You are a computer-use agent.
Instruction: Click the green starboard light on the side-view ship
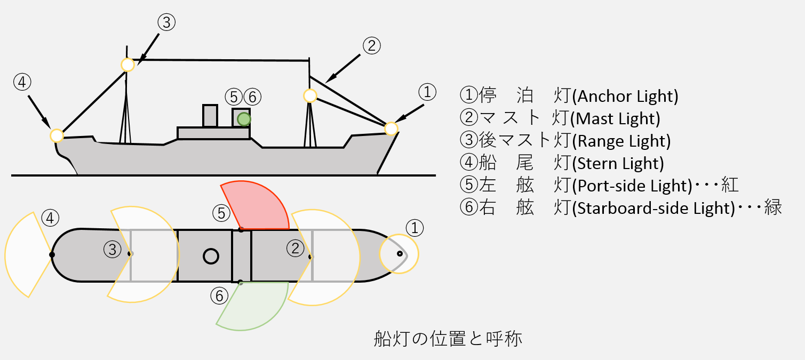click(x=244, y=118)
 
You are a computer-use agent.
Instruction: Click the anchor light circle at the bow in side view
click(x=391, y=129)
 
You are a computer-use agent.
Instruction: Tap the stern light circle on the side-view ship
click(x=57, y=135)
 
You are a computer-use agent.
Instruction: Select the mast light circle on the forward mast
click(x=310, y=96)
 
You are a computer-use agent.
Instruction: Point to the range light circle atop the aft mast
click(x=127, y=65)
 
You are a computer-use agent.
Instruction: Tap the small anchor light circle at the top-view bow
click(x=399, y=254)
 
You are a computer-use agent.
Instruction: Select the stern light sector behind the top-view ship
click(x=27, y=255)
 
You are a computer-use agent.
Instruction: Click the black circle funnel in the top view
click(x=211, y=256)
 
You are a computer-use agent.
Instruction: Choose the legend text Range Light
click(x=621, y=141)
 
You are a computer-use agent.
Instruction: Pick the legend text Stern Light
click(x=618, y=163)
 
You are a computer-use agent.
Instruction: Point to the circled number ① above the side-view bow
click(x=427, y=92)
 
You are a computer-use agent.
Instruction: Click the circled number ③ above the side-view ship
click(x=166, y=22)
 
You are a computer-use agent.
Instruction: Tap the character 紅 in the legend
click(x=730, y=185)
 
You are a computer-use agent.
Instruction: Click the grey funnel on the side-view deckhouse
click(x=210, y=116)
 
